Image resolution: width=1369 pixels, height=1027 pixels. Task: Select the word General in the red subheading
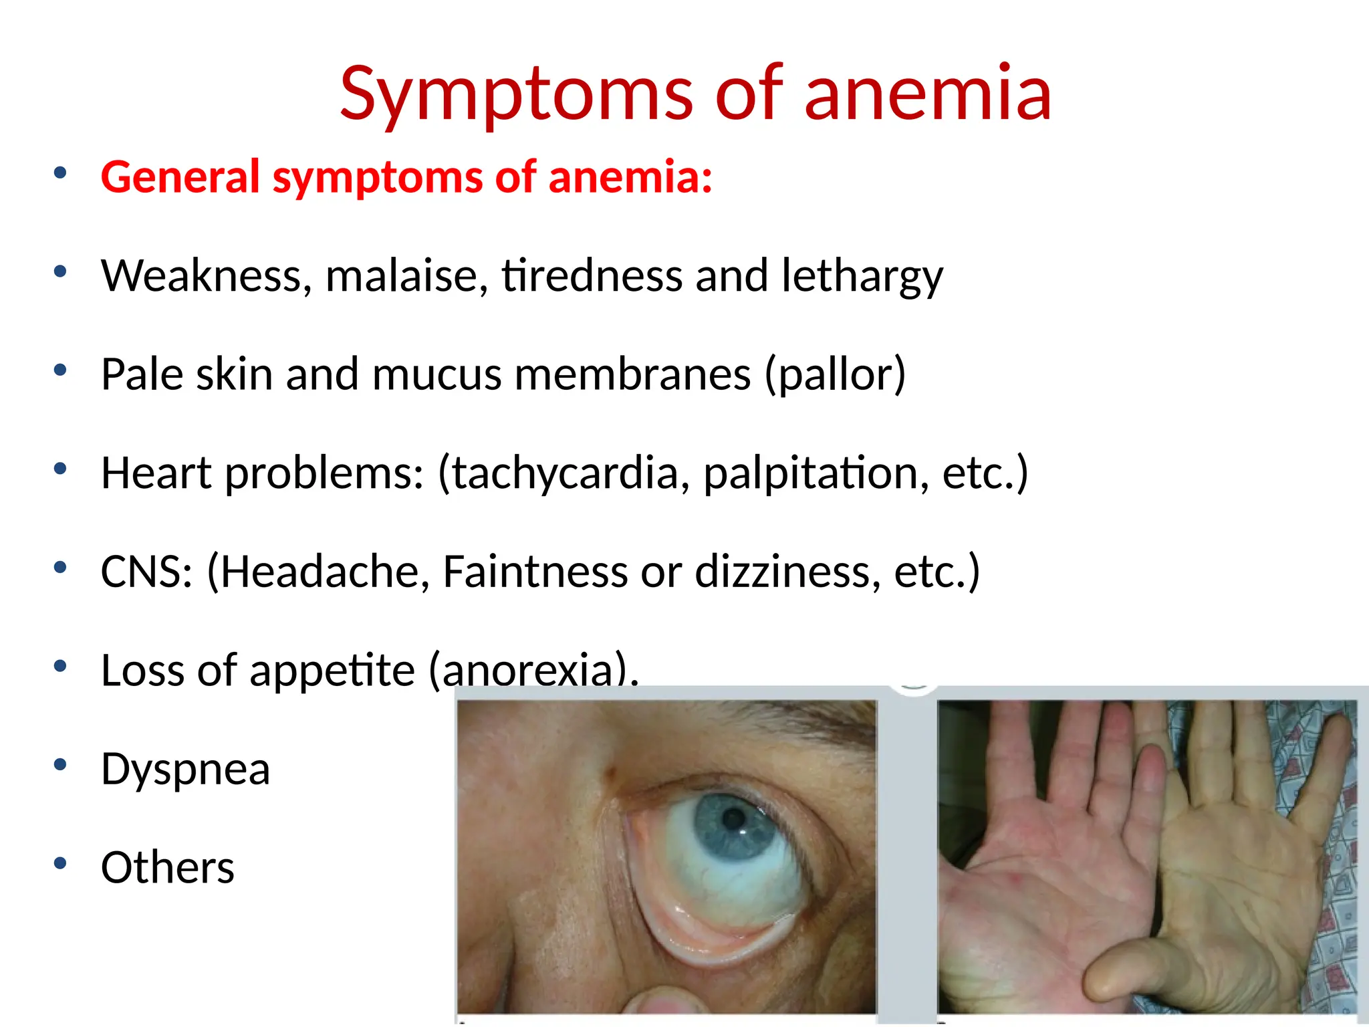(x=180, y=177)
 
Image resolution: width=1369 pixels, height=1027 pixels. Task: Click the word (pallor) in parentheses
(x=835, y=374)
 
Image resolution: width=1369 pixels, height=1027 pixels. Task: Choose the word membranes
(x=632, y=374)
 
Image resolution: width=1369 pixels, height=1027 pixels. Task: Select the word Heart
(x=156, y=473)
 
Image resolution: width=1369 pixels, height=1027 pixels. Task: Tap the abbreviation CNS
(x=146, y=572)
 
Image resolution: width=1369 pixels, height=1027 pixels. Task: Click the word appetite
(x=332, y=670)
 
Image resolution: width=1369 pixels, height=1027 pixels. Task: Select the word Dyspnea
(x=185, y=769)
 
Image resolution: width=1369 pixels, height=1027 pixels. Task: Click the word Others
(x=167, y=867)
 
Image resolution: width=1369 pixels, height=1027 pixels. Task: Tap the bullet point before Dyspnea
(x=60, y=764)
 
